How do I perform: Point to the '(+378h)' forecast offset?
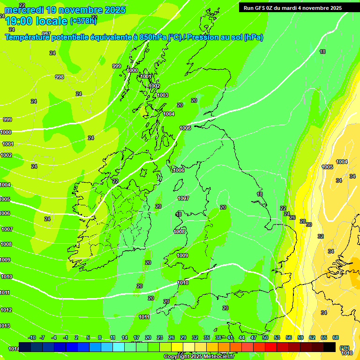pos(83,21)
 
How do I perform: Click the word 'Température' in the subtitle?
pos(28,37)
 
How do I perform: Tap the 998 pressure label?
pos(60,77)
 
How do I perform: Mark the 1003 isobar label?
pos(163,95)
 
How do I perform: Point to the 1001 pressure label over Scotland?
pos(146,76)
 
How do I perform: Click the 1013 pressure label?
pos(5,326)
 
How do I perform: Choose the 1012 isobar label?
pos(6,310)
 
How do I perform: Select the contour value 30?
pos(309,225)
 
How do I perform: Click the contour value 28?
pos(303,221)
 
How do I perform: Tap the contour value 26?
pos(292,217)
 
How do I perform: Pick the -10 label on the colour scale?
pos(32,337)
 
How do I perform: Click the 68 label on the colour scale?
pos(336,337)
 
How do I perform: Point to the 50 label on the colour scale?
pos(265,337)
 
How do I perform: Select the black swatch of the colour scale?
pos(330,347)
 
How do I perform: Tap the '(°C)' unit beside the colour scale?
pos(345,348)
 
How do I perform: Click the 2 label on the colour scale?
pos(77,337)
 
